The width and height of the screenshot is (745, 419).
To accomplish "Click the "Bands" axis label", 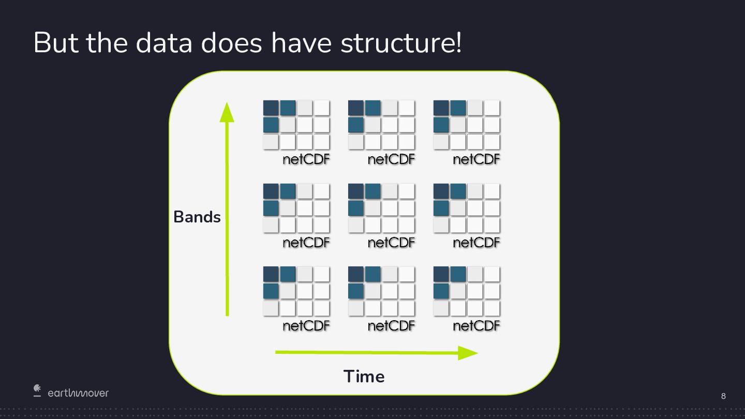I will [197, 217].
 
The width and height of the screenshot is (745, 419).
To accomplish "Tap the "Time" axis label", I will [364, 376].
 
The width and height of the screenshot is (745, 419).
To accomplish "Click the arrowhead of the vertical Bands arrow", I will [227, 113].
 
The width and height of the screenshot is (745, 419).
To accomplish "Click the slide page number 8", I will [723, 396].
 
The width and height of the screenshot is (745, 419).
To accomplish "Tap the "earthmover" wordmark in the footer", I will [78, 393].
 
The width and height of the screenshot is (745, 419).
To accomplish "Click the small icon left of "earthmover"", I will [37, 390].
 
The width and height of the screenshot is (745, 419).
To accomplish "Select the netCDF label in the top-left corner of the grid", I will [306, 159].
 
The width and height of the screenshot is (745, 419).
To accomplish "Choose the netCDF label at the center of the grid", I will [391, 242].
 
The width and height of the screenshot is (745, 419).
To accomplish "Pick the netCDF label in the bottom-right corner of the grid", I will [476, 325].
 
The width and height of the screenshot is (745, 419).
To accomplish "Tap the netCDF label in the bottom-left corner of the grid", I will [306, 325].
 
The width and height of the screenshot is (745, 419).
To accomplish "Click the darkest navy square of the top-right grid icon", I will [441, 108].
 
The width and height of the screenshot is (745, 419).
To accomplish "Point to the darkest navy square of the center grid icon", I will [356, 191].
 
